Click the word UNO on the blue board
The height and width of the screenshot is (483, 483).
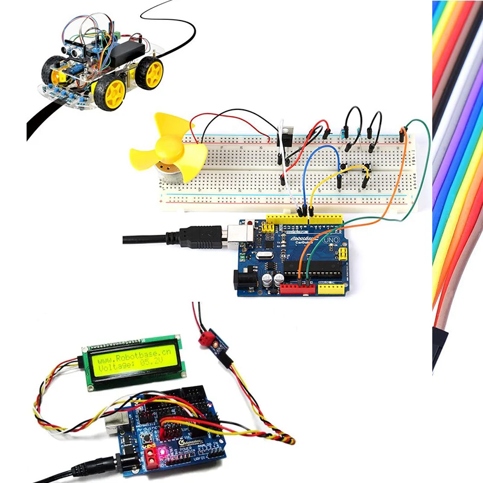tap(331, 240)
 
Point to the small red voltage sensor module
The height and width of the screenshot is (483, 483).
tap(214, 341)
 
